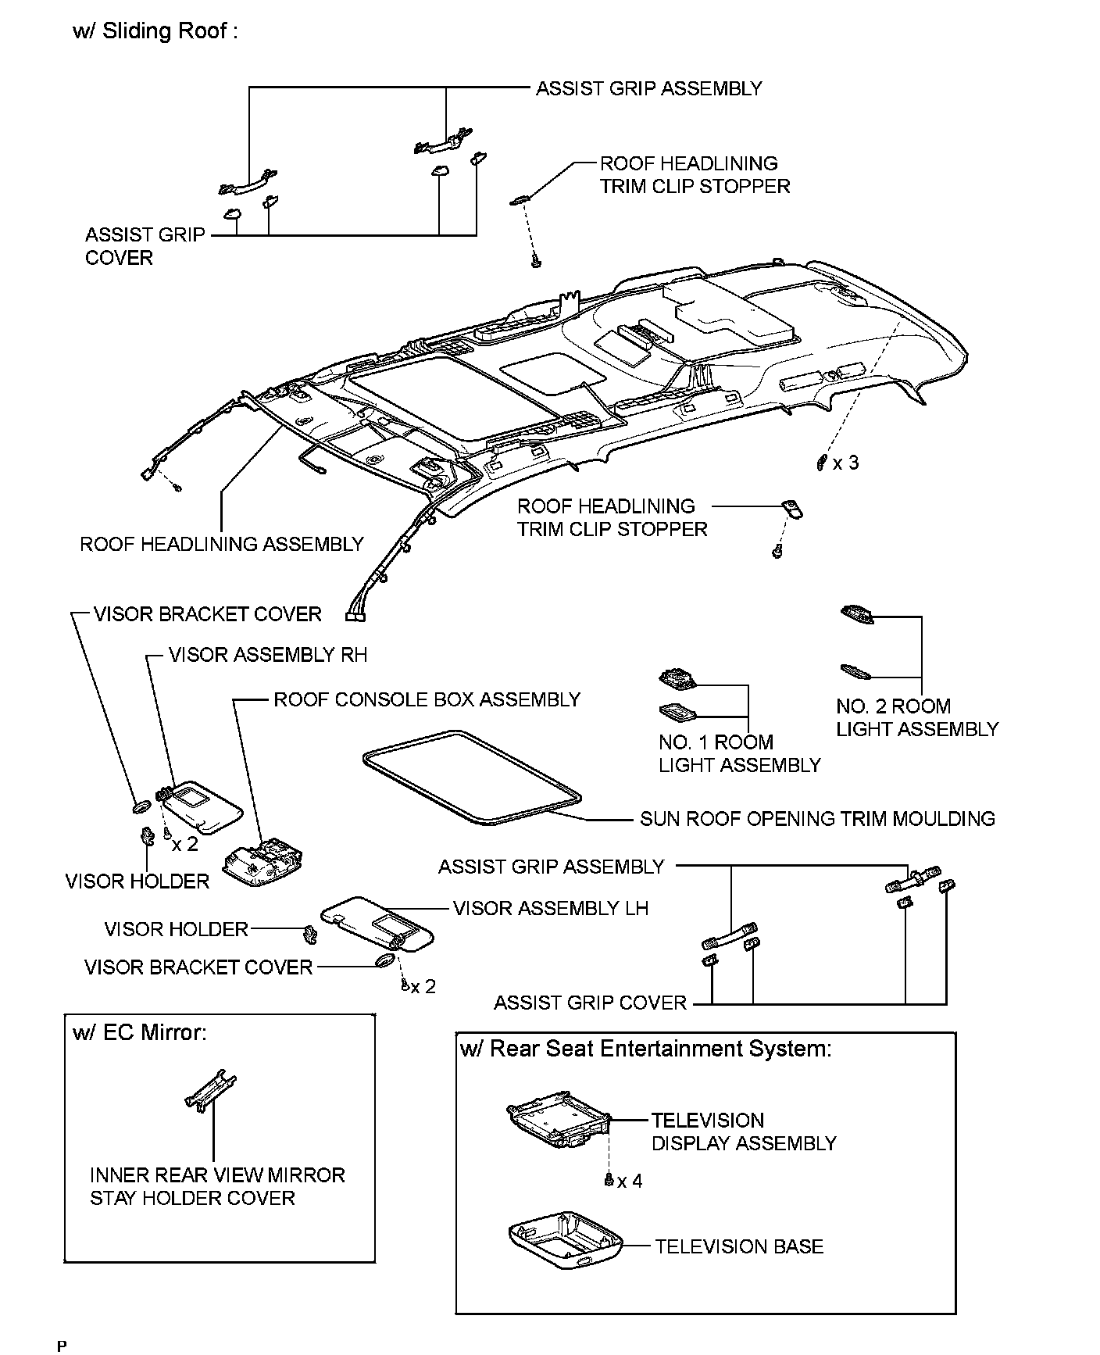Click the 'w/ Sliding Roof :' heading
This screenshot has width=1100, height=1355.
(155, 31)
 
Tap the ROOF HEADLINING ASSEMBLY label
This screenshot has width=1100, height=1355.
(222, 544)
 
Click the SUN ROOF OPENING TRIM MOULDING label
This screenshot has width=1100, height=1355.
(817, 819)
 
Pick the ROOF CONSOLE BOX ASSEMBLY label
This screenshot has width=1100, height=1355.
(427, 699)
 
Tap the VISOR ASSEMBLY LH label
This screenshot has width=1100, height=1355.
(551, 908)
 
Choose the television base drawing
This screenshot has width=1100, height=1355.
(566, 1242)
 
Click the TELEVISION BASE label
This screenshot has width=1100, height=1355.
(739, 1246)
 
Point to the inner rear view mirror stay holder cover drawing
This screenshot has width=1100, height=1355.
(210, 1089)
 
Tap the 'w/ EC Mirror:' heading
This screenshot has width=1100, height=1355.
(140, 1032)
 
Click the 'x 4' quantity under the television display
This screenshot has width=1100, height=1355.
(630, 1181)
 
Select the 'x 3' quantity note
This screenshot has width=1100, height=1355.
(845, 463)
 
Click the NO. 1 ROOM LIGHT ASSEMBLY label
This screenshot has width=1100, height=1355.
(739, 753)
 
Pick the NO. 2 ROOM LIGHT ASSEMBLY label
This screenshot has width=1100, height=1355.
(917, 717)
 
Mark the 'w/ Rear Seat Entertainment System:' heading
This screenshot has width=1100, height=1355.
(645, 1049)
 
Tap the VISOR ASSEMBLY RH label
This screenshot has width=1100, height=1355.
(268, 655)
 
